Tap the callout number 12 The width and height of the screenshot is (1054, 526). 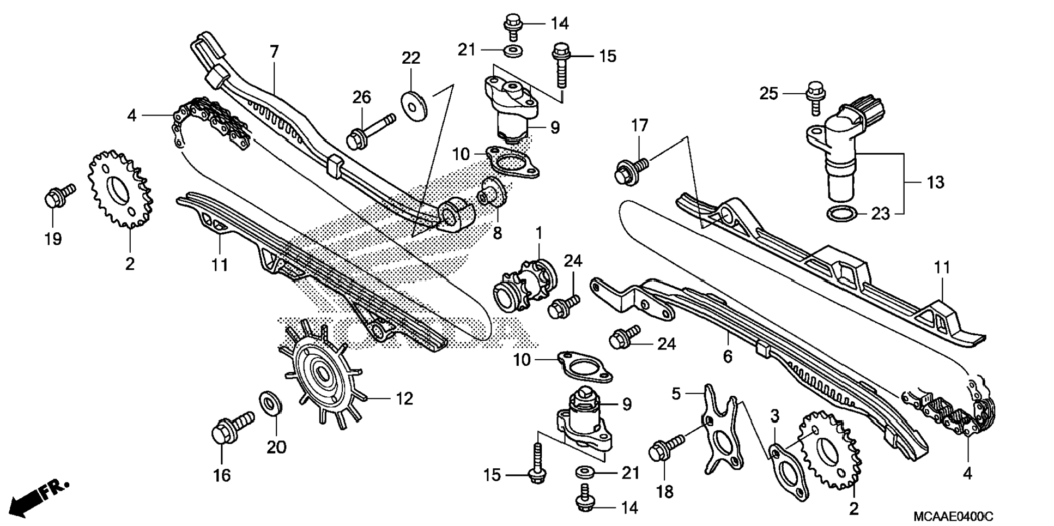pos(404,398)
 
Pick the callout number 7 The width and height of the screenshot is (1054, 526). pos(274,52)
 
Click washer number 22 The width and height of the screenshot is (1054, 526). pos(414,106)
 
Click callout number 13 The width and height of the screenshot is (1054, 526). pos(935,182)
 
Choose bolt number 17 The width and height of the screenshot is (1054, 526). pos(630,170)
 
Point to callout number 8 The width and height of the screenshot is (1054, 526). pos(497,233)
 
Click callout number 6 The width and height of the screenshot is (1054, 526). pos(728,356)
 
